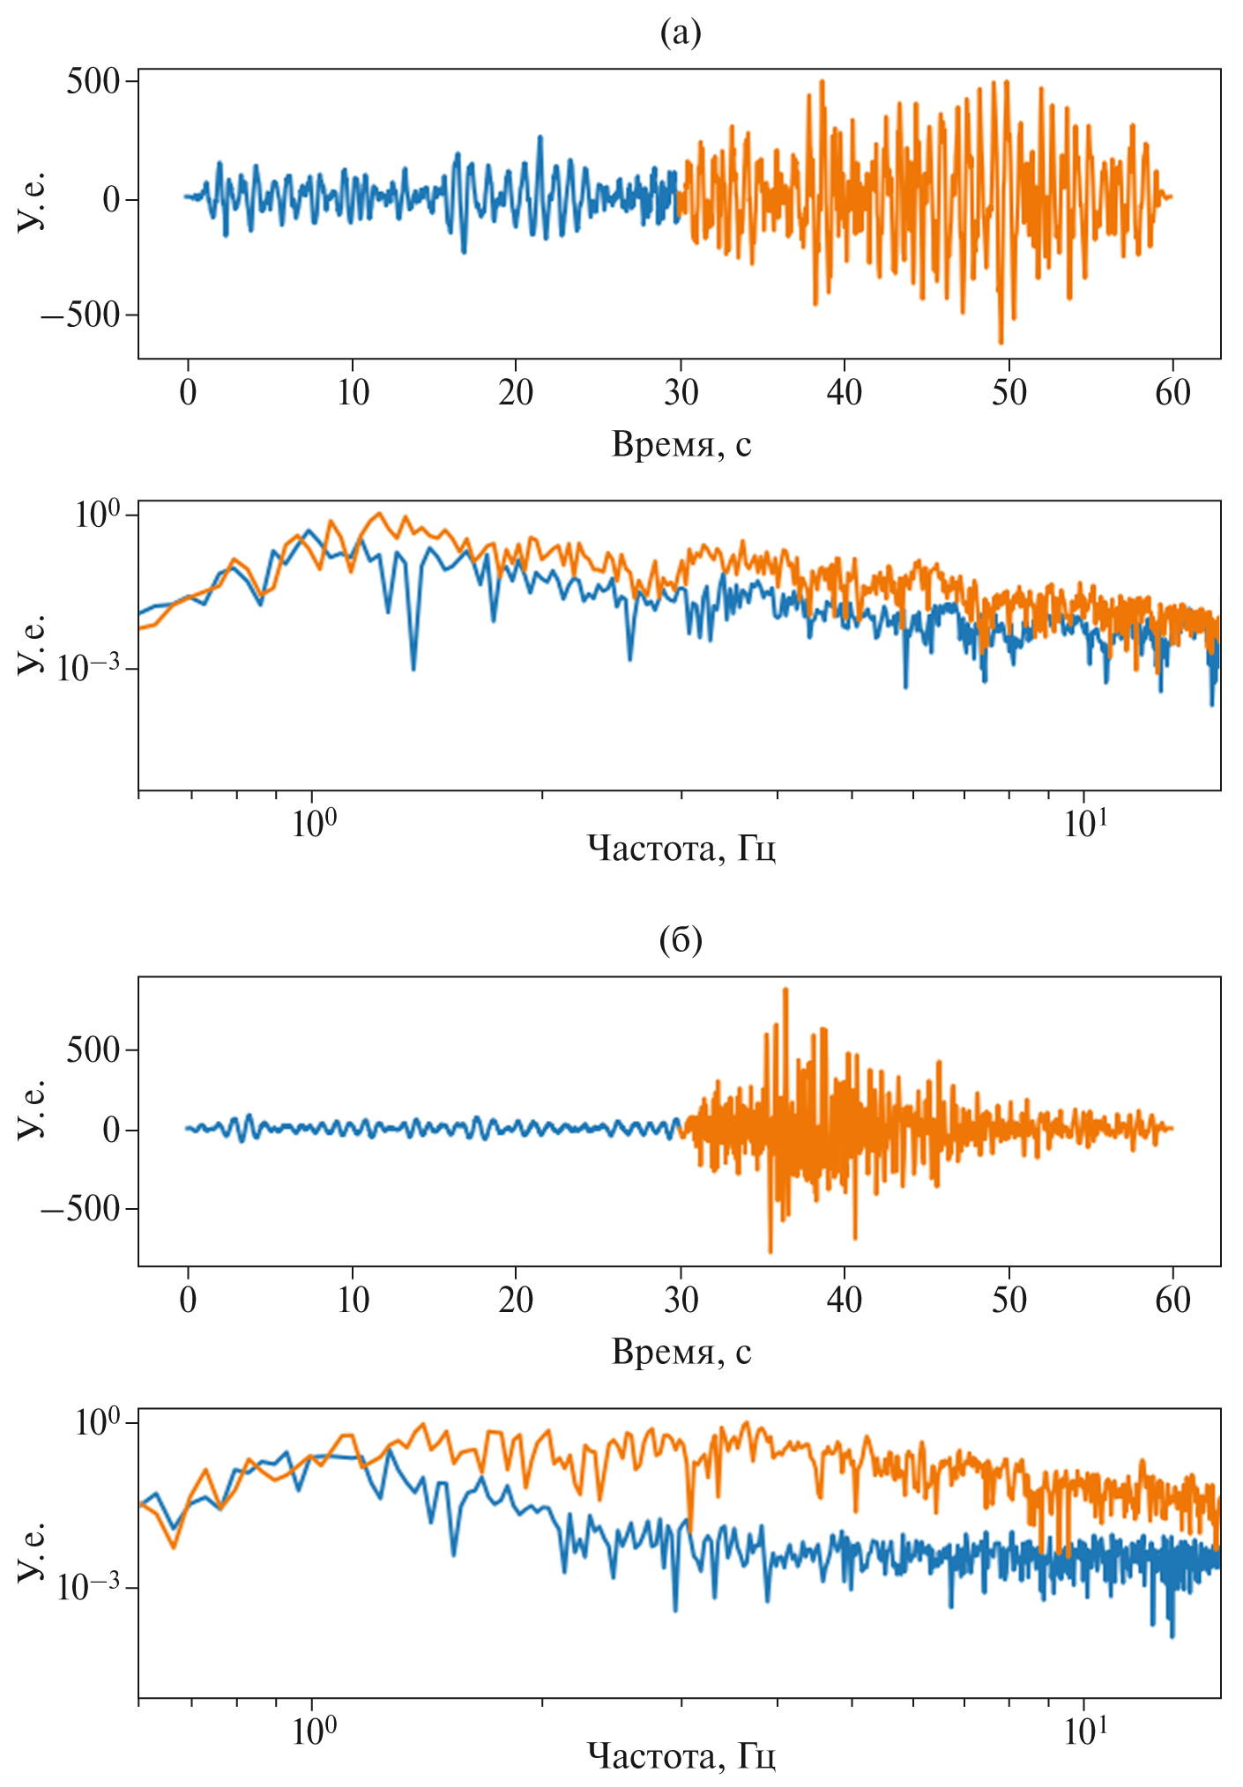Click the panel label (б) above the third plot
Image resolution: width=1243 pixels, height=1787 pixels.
pos(681,940)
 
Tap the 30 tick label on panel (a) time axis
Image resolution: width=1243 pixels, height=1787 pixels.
pos(681,392)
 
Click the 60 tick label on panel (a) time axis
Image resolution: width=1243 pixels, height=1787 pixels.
pos(1172,392)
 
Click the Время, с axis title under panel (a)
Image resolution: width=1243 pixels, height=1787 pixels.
pos(681,445)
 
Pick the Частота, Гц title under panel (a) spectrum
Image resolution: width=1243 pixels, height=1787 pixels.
pos(681,849)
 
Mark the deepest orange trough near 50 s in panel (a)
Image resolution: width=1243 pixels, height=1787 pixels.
pos(1001,342)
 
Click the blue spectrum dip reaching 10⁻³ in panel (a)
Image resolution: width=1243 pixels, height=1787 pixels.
pos(413,668)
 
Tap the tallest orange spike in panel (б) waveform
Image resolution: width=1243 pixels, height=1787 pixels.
pos(785,990)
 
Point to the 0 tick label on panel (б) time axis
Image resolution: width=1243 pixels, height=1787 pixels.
pos(188,1300)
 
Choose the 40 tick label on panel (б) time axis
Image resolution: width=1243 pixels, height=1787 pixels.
pos(845,1300)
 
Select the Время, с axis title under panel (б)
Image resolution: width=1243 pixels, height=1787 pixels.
pos(681,1352)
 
